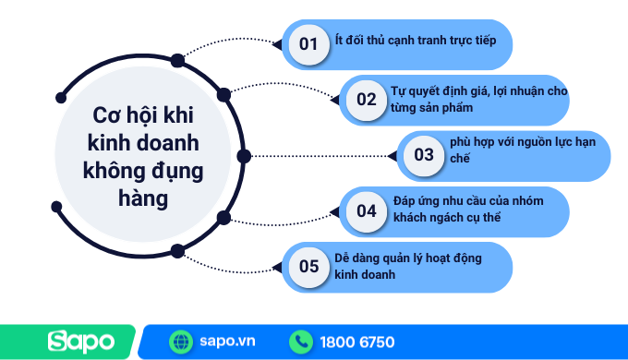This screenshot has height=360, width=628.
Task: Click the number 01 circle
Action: [308, 44]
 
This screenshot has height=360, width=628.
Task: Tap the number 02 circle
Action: [367, 100]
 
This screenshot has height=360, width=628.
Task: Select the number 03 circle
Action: [423, 155]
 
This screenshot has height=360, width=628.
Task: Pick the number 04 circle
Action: [367, 210]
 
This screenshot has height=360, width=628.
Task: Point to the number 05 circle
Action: [308, 267]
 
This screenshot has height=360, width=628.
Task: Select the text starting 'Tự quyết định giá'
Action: [480, 100]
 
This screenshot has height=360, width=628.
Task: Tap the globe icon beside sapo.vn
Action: [181, 342]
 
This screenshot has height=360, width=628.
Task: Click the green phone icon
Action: [301, 342]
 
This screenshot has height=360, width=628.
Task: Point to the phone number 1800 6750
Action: [357, 342]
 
